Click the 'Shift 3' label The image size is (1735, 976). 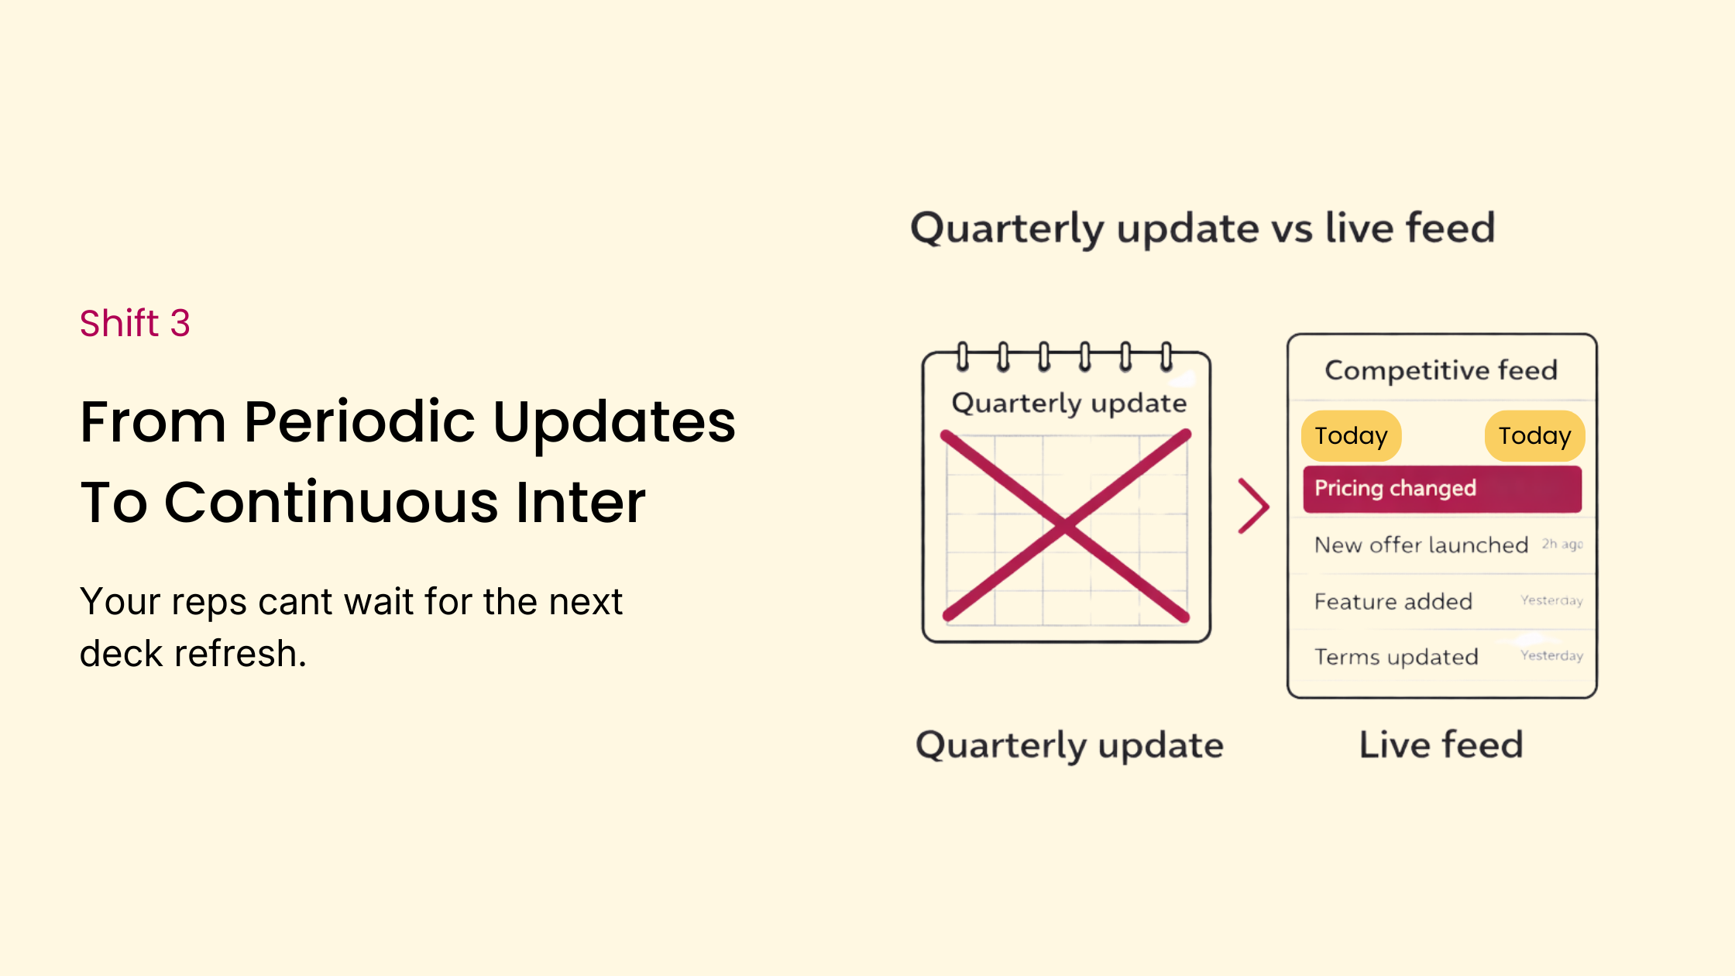(135, 323)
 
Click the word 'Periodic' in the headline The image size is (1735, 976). (359, 422)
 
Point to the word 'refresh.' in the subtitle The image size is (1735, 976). (240, 654)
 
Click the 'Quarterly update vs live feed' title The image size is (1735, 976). (1203, 228)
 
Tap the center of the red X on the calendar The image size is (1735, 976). (1066, 527)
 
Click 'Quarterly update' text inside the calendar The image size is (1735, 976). (1069, 403)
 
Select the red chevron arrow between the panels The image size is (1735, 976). (1253, 506)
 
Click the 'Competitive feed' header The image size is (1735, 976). (1441, 370)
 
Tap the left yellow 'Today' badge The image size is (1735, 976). (1351, 435)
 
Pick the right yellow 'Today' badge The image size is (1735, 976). (1534, 435)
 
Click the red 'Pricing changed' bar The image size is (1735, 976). (1441, 489)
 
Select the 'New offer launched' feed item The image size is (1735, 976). (1421, 545)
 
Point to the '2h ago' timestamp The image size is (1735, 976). (1561, 545)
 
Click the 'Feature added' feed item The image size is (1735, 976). (1393, 601)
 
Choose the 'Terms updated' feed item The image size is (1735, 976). (1396, 657)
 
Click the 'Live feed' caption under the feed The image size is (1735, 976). (1441, 744)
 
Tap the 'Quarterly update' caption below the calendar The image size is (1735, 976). (1069, 745)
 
